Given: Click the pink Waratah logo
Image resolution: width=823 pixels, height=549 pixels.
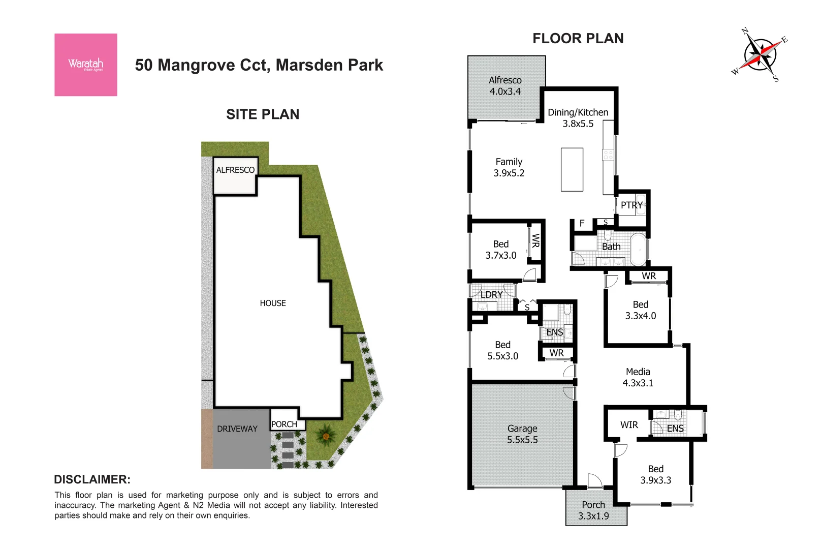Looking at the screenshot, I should click(86, 65).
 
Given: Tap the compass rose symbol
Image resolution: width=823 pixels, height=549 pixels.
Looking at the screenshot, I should click(760, 55).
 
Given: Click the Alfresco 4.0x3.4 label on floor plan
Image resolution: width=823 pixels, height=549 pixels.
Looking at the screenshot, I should click(505, 86).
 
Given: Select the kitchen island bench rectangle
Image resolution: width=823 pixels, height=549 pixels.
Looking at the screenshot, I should click(572, 169).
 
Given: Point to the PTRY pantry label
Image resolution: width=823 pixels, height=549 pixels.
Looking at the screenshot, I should click(631, 205).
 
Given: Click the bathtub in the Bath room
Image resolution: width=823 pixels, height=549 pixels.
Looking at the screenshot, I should click(638, 249).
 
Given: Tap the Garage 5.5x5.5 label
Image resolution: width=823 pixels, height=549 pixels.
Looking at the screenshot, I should click(522, 434).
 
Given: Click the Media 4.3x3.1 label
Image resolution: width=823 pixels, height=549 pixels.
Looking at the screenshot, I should click(638, 377).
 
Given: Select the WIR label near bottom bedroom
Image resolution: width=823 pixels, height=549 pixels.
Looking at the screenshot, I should click(629, 425).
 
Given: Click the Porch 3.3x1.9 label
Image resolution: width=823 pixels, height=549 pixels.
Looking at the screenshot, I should click(593, 510).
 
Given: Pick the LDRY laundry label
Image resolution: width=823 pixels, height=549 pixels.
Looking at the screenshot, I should click(491, 295).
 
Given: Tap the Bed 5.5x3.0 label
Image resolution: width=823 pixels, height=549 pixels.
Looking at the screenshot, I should click(503, 350).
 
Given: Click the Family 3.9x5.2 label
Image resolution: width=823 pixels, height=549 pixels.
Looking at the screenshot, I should click(509, 167).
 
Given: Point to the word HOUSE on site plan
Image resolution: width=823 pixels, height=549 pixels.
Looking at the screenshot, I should click(273, 303).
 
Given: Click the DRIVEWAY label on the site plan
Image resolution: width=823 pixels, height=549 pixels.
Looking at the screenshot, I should click(237, 429).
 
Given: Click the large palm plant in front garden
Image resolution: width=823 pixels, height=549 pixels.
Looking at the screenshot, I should click(325, 435).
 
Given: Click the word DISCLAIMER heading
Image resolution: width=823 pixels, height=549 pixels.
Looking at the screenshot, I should click(92, 479).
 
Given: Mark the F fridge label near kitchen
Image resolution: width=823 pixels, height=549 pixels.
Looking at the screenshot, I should click(582, 223).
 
